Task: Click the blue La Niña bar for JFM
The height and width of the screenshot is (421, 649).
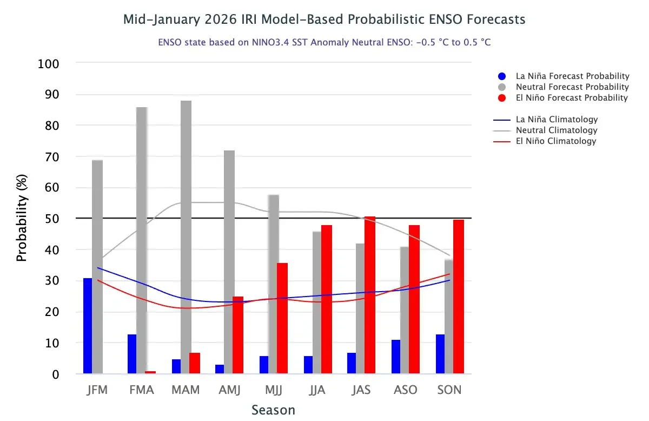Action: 88,326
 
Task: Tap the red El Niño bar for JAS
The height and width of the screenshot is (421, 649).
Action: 370,295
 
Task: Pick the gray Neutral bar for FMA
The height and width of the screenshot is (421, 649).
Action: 142,240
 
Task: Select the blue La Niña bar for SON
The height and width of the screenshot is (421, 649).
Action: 440,354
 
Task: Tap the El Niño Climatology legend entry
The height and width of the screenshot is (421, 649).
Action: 556,141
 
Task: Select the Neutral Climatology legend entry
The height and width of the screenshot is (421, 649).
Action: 557,130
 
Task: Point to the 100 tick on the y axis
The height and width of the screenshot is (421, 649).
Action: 48,64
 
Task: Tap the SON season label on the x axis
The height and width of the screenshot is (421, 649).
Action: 449,390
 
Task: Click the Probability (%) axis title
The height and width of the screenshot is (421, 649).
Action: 22,219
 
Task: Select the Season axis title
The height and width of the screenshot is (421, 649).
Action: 273,410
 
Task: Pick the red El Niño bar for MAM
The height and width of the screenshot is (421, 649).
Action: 195,363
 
